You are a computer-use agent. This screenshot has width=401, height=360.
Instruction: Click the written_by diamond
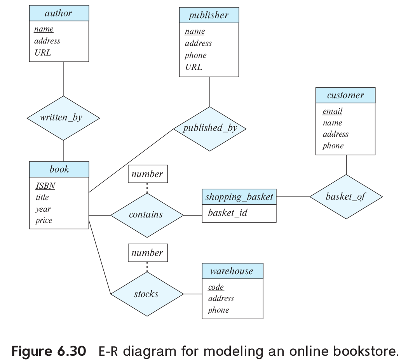pyautogui.click(x=63, y=118)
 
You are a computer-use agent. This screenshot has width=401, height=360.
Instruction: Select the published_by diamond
pyautogui.click(x=210, y=129)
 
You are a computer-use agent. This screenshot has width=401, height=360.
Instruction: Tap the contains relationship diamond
pyautogui.click(x=146, y=215)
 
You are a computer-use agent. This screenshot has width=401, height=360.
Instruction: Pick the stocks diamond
pyautogui.click(x=146, y=294)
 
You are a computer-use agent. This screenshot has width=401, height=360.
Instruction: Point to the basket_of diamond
pyautogui.click(x=346, y=197)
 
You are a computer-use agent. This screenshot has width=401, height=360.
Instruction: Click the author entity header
pyautogui.click(x=59, y=14)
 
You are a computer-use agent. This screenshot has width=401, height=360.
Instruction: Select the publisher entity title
pyautogui.click(x=209, y=16)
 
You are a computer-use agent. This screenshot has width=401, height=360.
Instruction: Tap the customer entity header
pyautogui.click(x=345, y=96)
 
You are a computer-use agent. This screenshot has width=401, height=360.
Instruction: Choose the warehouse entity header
pyautogui.click(x=232, y=271)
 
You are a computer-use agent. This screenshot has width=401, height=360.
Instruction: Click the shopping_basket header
pyautogui.click(x=239, y=197)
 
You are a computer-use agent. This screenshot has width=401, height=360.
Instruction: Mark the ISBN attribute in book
pyautogui.click(x=45, y=186)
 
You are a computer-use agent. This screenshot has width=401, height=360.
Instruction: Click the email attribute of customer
pyautogui.click(x=332, y=111)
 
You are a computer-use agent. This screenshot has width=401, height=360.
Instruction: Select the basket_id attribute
pyautogui.click(x=227, y=213)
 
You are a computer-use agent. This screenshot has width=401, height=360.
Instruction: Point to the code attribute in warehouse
pyautogui.click(x=216, y=287)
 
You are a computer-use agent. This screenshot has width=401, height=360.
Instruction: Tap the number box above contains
pyautogui.click(x=147, y=174)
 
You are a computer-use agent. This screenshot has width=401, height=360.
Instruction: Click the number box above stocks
pyautogui.click(x=147, y=253)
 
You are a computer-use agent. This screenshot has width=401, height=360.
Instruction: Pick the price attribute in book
pyautogui.click(x=44, y=220)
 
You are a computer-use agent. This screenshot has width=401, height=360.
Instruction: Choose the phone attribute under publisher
pyautogui.click(x=195, y=55)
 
